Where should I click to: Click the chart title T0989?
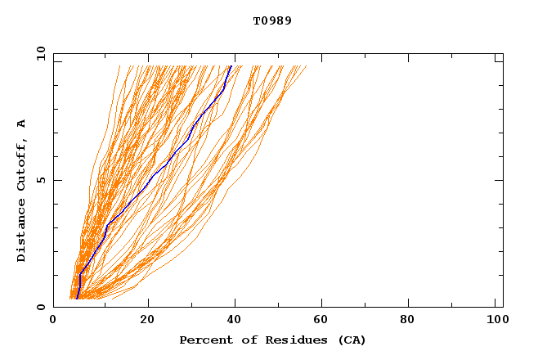pyautogui.click(x=272, y=20)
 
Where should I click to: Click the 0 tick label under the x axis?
pyautogui.click(x=53, y=321)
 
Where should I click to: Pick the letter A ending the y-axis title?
pyautogui.click(x=22, y=124)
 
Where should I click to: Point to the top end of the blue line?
pyautogui.click(x=231, y=65)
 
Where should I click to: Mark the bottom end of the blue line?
pyautogui.click(x=77, y=299)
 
